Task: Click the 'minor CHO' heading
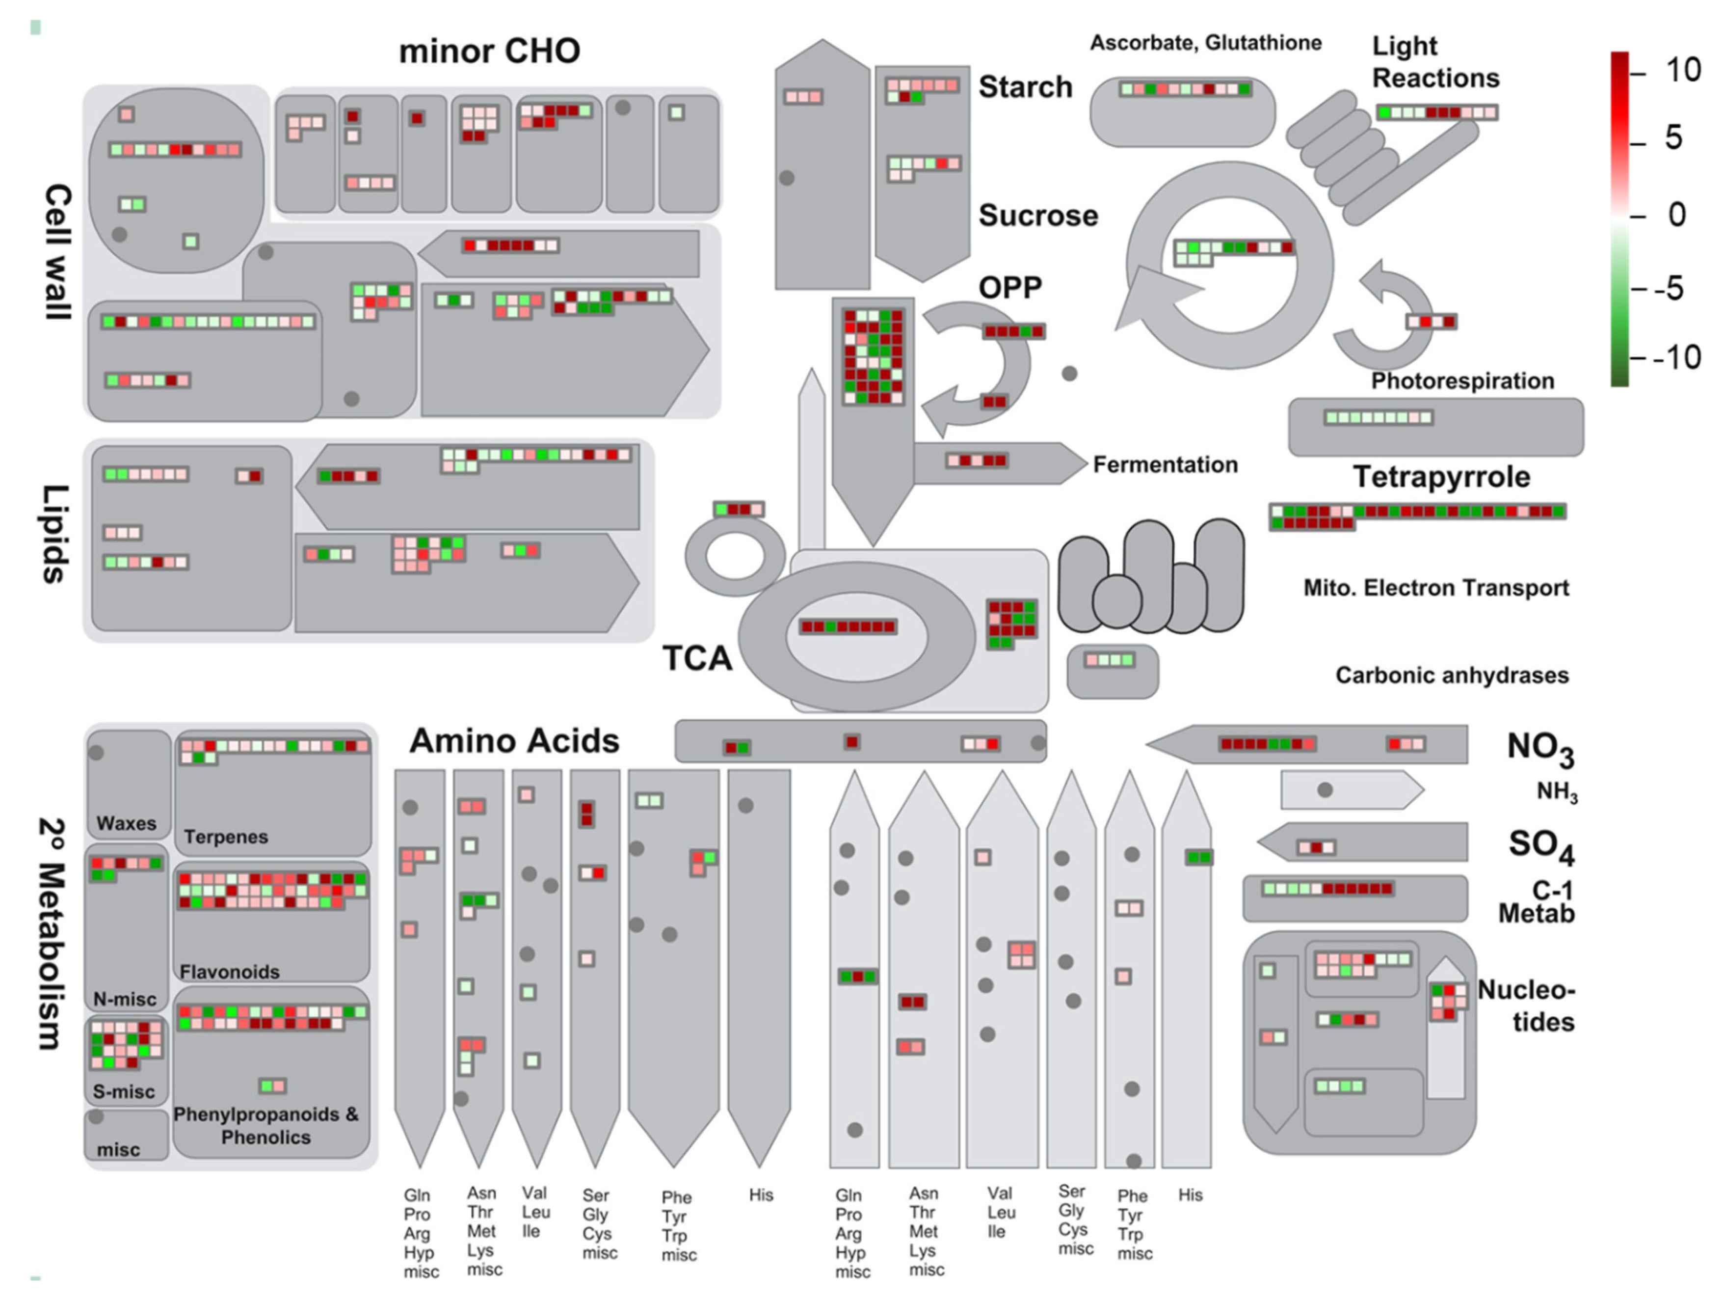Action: [x=489, y=52]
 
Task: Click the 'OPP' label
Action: [x=1010, y=288]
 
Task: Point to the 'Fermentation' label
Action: [x=1165, y=464]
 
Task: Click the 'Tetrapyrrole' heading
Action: [x=1441, y=476]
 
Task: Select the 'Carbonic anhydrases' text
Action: [x=1451, y=675]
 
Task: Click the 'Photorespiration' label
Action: [x=1462, y=381]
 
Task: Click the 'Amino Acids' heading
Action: [x=514, y=740]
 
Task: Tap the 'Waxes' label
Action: [x=126, y=823]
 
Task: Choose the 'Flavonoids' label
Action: [x=229, y=971]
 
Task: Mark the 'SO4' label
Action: [x=1541, y=846]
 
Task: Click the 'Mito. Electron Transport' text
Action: [x=1435, y=588]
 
